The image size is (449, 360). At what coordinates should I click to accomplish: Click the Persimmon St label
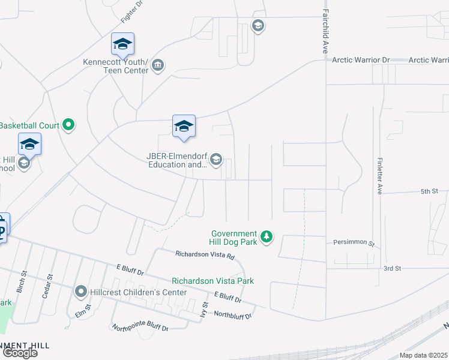coord(354,244)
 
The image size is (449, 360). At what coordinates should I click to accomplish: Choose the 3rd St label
coord(392,268)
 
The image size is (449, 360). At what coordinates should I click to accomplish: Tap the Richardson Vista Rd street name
coord(205,254)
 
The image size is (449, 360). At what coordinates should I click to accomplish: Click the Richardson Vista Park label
coord(212,281)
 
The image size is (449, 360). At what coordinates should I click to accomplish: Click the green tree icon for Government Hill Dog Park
coord(267,238)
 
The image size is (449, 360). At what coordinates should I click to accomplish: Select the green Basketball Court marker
coord(69,125)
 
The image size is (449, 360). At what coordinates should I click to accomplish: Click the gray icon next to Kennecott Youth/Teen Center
coord(158,65)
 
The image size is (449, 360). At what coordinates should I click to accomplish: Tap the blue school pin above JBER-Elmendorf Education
coord(184,127)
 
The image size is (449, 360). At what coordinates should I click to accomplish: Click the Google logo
coord(20,353)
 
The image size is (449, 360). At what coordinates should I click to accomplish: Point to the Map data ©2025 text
coord(424,355)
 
